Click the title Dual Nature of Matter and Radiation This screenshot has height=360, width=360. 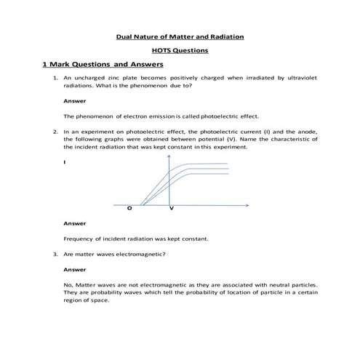[x=180, y=36]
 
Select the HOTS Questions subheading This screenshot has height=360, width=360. [x=180, y=50]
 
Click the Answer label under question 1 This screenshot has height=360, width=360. [x=75, y=101]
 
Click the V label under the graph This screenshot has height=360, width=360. [x=171, y=209]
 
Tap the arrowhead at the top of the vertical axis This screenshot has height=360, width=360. [x=169, y=156]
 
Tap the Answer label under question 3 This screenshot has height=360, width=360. [x=75, y=269]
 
